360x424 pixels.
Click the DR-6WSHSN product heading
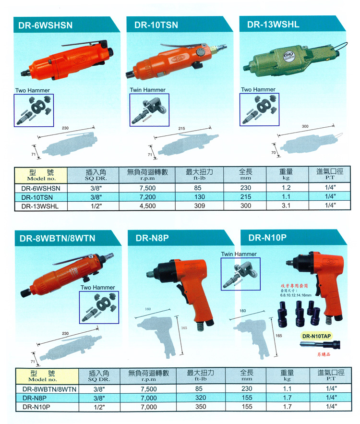[47, 25]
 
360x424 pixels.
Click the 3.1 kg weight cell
[286, 206]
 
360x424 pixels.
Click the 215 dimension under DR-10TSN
[182, 129]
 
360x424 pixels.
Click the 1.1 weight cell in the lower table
[286, 389]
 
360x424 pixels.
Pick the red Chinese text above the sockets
[298, 285]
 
